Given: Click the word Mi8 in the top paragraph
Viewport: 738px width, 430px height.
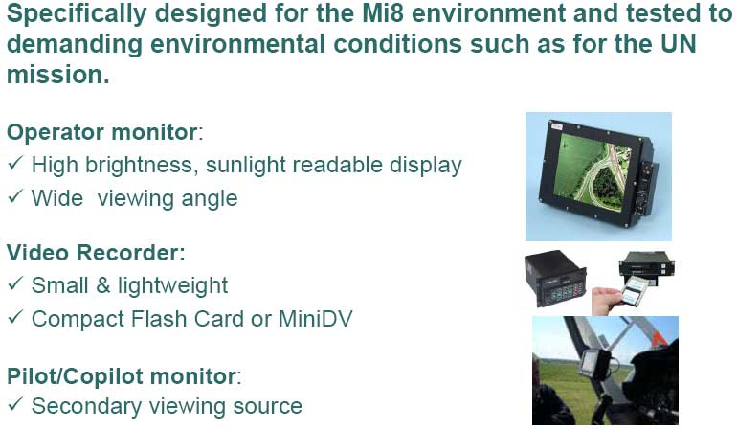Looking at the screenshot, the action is (383, 13).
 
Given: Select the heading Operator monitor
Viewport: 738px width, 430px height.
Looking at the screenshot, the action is (102, 132).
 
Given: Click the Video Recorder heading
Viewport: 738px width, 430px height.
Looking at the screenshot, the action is (96, 253).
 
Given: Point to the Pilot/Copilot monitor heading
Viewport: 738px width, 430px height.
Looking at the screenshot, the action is (122, 376).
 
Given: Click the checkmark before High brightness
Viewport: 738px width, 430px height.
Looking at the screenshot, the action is (15, 164).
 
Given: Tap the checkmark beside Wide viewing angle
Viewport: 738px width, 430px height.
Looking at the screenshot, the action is (15, 196).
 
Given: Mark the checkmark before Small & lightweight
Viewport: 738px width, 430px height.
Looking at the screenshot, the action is (15, 283).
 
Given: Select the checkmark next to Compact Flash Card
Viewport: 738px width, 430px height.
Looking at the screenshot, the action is (15, 317).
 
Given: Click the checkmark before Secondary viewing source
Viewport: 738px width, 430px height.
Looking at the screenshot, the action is (15, 404).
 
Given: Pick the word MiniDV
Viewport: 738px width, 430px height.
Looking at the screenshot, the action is (315, 319).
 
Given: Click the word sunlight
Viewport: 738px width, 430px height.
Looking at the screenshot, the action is (246, 166).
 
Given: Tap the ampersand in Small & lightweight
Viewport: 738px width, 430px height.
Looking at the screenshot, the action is (103, 286).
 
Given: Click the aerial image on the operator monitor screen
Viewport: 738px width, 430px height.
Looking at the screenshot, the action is (593, 171).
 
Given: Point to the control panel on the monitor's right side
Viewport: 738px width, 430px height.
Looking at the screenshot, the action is (646, 188).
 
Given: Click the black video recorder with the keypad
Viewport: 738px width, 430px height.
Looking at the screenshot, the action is (555, 279).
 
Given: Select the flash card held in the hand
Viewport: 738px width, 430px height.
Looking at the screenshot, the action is (637, 289).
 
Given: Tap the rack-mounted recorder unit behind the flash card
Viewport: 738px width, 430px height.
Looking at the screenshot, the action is (647, 267).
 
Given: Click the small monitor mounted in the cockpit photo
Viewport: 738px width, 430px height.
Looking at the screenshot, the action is (595, 364).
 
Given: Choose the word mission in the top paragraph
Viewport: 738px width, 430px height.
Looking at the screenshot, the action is (57, 75).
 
